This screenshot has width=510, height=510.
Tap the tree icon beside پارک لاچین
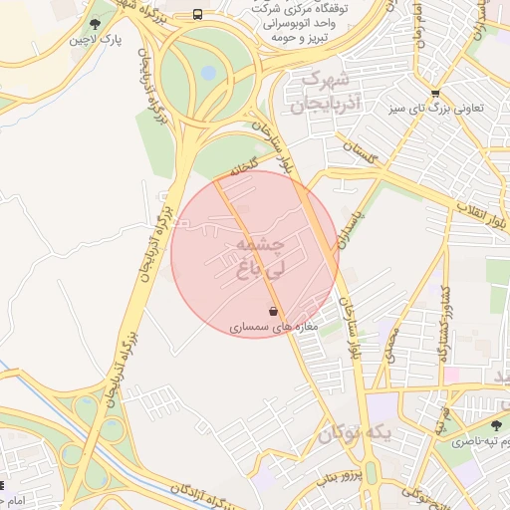click(96, 24)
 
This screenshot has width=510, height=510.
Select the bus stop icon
click(198, 15)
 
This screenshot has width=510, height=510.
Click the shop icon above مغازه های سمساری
click(273, 310)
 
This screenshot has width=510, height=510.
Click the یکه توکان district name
click(356, 434)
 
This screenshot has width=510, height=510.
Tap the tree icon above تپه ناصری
click(495, 425)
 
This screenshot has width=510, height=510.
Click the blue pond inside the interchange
click(207, 73)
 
